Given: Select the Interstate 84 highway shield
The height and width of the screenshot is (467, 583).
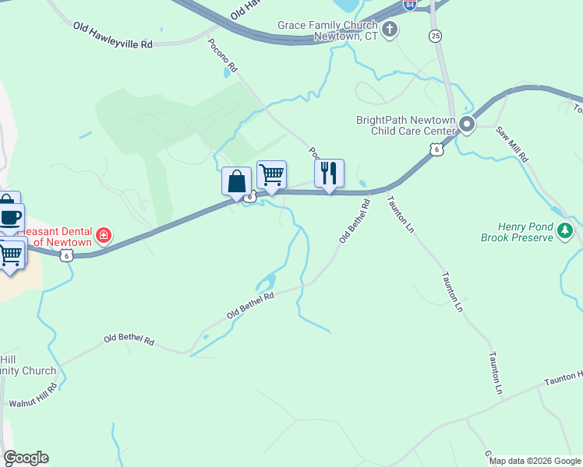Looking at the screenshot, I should [x=410, y=5].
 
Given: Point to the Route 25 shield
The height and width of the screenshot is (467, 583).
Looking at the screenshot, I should [x=435, y=36].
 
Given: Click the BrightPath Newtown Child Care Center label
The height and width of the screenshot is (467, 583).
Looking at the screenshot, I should [x=405, y=125].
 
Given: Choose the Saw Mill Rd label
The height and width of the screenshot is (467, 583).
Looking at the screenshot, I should [x=513, y=144].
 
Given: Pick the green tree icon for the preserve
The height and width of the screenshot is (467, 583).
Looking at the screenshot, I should [x=567, y=230].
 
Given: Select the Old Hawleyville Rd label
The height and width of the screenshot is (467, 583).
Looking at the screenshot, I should [x=113, y=36].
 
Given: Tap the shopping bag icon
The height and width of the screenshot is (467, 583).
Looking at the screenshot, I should [x=236, y=182].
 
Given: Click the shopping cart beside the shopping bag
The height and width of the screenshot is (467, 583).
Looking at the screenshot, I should [x=271, y=175].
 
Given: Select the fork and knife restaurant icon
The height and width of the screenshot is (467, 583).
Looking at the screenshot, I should [x=329, y=173].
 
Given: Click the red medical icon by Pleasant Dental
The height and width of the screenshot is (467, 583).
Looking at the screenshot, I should [x=103, y=235].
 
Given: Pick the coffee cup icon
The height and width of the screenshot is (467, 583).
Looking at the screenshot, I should [x=9, y=217].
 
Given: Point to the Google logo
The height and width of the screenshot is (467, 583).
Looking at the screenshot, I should [x=26, y=458].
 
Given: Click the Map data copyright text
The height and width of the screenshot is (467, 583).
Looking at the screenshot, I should [x=535, y=461].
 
